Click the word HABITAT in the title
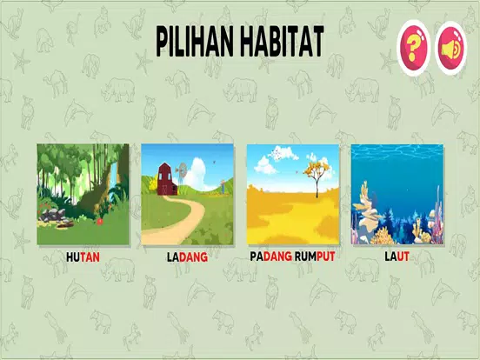coord(283,42)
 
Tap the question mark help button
coord(413,48)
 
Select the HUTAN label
coord(83,257)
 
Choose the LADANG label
coord(187,257)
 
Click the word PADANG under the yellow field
coord(271,257)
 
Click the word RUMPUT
coord(315,257)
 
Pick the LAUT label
coord(397,257)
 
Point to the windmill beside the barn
coord(182,173)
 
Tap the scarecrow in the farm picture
coord(223,186)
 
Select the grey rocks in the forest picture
coord(53,215)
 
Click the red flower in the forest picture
coord(99,222)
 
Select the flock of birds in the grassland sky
coord(277,153)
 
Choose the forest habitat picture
coord(83,195)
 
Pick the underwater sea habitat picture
coord(397,195)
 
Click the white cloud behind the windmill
coord(197,174)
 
